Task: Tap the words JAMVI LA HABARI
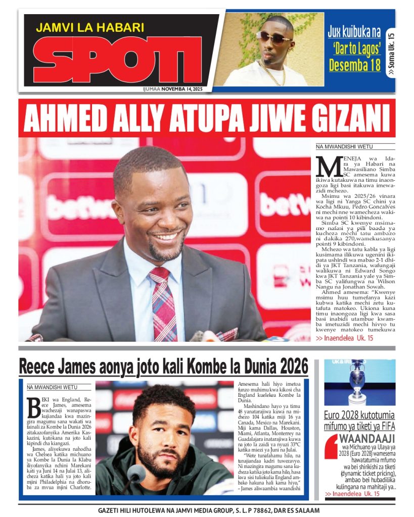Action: (x=90, y=27)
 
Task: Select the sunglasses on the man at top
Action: (x=274, y=37)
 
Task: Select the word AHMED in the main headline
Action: (x=57, y=119)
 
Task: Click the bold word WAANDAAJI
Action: (x=365, y=438)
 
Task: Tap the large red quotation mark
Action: (x=331, y=444)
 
